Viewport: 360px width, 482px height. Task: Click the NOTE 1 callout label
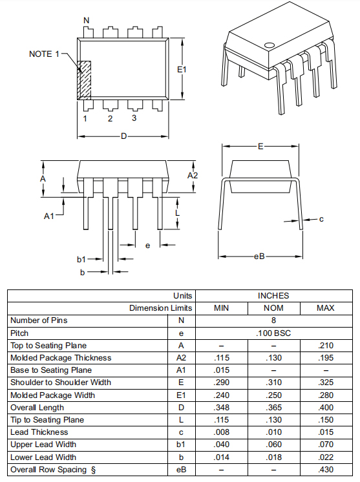pos(44,54)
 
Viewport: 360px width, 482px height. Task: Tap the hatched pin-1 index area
pos(84,80)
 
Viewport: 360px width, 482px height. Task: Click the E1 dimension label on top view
pos(182,70)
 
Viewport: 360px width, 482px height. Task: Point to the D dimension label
pos(123,136)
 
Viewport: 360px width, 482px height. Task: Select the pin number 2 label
pos(110,119)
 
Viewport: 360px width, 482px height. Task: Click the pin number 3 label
pos(134,118)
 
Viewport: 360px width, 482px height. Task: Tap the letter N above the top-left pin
pos(87,20)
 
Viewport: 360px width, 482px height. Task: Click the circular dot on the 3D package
pos(270,45)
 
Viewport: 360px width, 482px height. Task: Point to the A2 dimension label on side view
pos(193,176)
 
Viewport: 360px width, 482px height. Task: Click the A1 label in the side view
pos(49,216)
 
